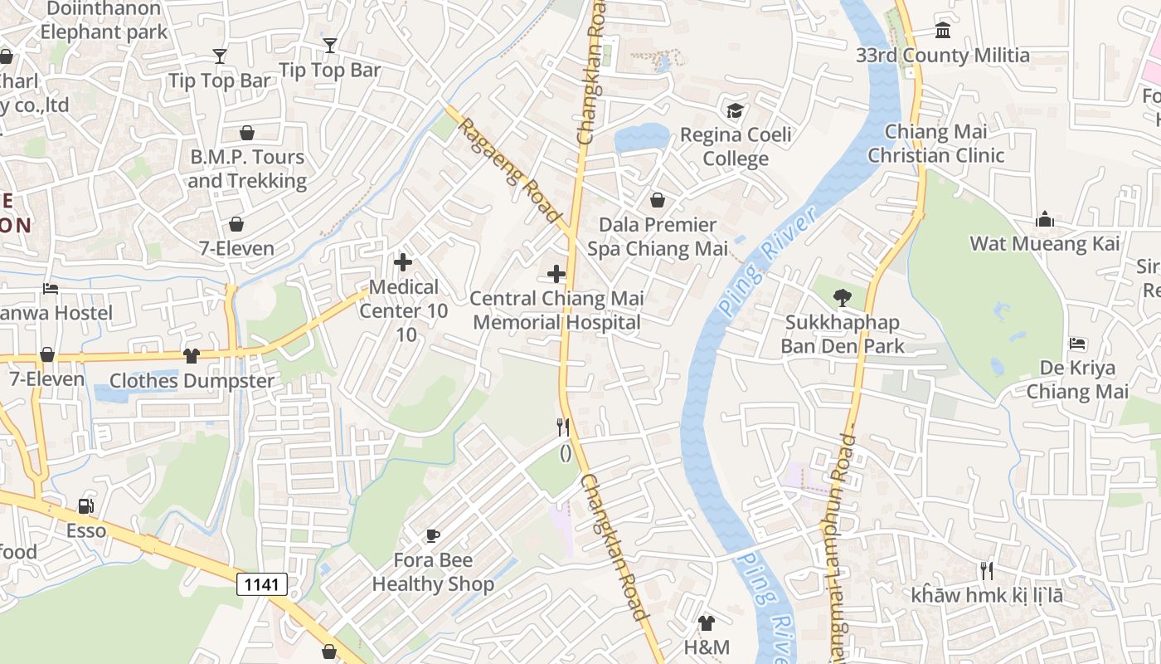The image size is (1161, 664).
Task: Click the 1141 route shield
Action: tap(262, 584)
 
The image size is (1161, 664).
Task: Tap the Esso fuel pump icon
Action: tap(85, 506)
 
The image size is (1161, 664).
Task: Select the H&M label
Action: tap(707, 647)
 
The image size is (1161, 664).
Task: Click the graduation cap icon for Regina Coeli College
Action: tap(735, 110)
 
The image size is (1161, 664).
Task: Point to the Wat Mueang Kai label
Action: tap(1045, 243)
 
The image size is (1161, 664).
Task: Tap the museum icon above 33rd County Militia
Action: tap(943, 31)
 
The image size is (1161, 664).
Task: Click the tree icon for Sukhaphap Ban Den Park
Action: tap(842, 297)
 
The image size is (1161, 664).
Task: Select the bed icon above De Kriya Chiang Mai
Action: tap(1077, 343)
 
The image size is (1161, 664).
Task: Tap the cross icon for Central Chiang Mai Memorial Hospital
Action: tap(556, 273)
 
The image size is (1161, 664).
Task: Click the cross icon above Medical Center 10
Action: tap(403, 262)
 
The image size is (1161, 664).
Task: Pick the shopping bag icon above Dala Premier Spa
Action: tap(658, 200)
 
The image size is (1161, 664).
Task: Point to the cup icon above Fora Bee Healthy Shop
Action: tap(432, 535)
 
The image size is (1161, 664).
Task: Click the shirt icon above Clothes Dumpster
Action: tap(192, 355)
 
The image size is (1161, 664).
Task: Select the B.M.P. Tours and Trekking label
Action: tap(247, 168)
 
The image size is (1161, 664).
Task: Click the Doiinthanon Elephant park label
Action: tap(104, 21)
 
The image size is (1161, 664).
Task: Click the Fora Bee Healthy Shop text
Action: tap(432, 572)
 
